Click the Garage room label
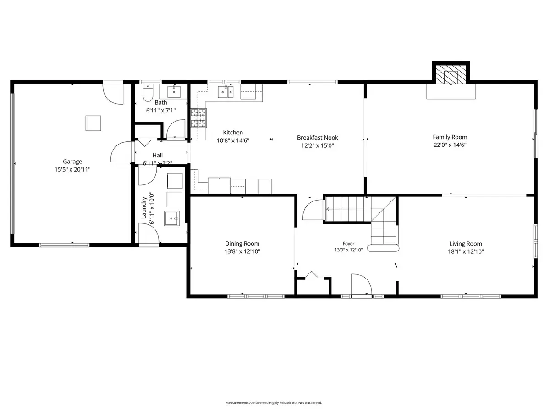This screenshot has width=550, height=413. pyautogui.click(x=72, y=162)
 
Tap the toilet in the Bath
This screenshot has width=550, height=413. pyautogui.click(x=148, y=93)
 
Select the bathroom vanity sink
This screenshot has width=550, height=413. pyautogui.click(x=174, y=91)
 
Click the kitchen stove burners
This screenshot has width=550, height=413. pyautogui.click(x=198, y=118)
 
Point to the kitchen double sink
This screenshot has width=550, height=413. pyautogui.click(x=225, y=91)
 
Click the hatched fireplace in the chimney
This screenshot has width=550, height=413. pyautogui.click(x=451, y=74)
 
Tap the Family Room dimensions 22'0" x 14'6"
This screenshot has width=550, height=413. pyautogui.click(x=450, y=145)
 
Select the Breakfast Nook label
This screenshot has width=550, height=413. pyautogui.click(x=318, y=137)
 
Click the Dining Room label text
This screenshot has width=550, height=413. pyautogui.click(x=242, y=244)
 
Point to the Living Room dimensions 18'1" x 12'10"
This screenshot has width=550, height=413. pyautogui.click(x=466, y=251)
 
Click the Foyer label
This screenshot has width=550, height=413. pyautogui.click(x=348, y=244)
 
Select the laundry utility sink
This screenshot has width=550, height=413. pyautogui.click(x=172, y=218)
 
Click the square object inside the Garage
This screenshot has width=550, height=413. pyautogui.click(x=93, y=123)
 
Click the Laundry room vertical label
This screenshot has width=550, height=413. pyautogui.click(x=144, y=208)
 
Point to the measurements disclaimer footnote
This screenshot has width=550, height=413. pyautogui.click(x=274, y=403)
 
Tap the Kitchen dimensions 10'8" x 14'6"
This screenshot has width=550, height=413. pyautogui.click(x=233, y=140)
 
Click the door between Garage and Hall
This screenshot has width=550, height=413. pyautogui.click(x=121, y=152)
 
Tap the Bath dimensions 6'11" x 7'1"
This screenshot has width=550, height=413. pyautogui.click(x=161, y=110)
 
